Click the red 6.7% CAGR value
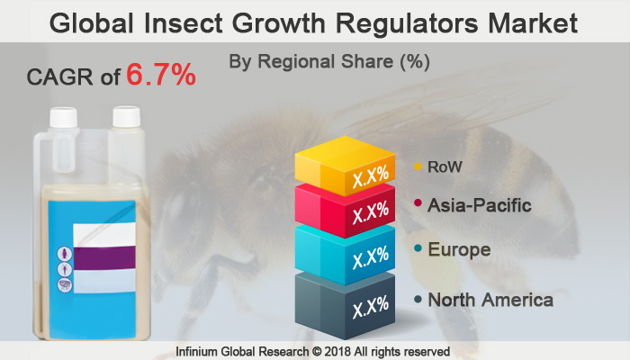pyautogui.click(x=160, y=76)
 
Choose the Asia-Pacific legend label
pyautogui.click(x=481, y=206)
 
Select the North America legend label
pyautogui.click(x=490, y=300)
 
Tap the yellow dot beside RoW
pyautogui.click(x=418, y=166)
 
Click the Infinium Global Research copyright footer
pyautogui.click(x=314, y=350)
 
